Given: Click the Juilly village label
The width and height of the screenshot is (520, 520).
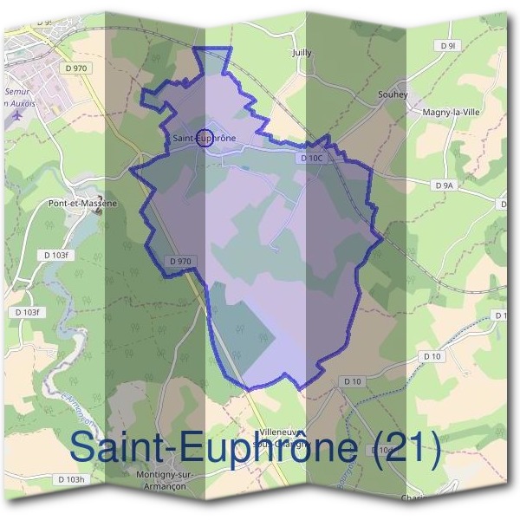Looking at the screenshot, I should pos(302,53).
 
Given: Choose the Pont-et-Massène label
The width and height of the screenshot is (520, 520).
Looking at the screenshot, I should pos(81,204).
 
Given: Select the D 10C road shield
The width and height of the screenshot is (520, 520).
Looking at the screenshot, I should pos(311,159).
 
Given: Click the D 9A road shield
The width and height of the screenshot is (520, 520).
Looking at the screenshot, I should pos(443,185).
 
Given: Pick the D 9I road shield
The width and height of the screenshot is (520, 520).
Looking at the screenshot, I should pos(447,44).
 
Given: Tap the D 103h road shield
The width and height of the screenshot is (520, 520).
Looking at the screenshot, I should pos(70,479).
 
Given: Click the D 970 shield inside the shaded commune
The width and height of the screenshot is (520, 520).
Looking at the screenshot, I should pos(180,260).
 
